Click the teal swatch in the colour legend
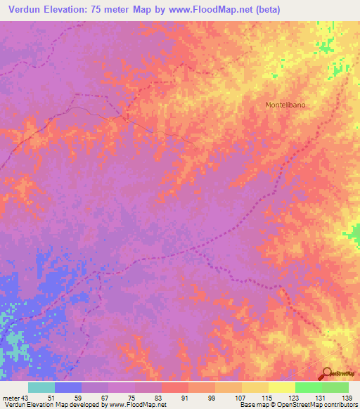pos(41,387)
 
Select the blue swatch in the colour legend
pos(67,387)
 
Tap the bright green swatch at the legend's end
pos(335,387)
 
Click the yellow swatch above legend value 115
pos(255,387)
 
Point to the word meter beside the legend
pos(11,398)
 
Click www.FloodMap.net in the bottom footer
pos(137,405)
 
